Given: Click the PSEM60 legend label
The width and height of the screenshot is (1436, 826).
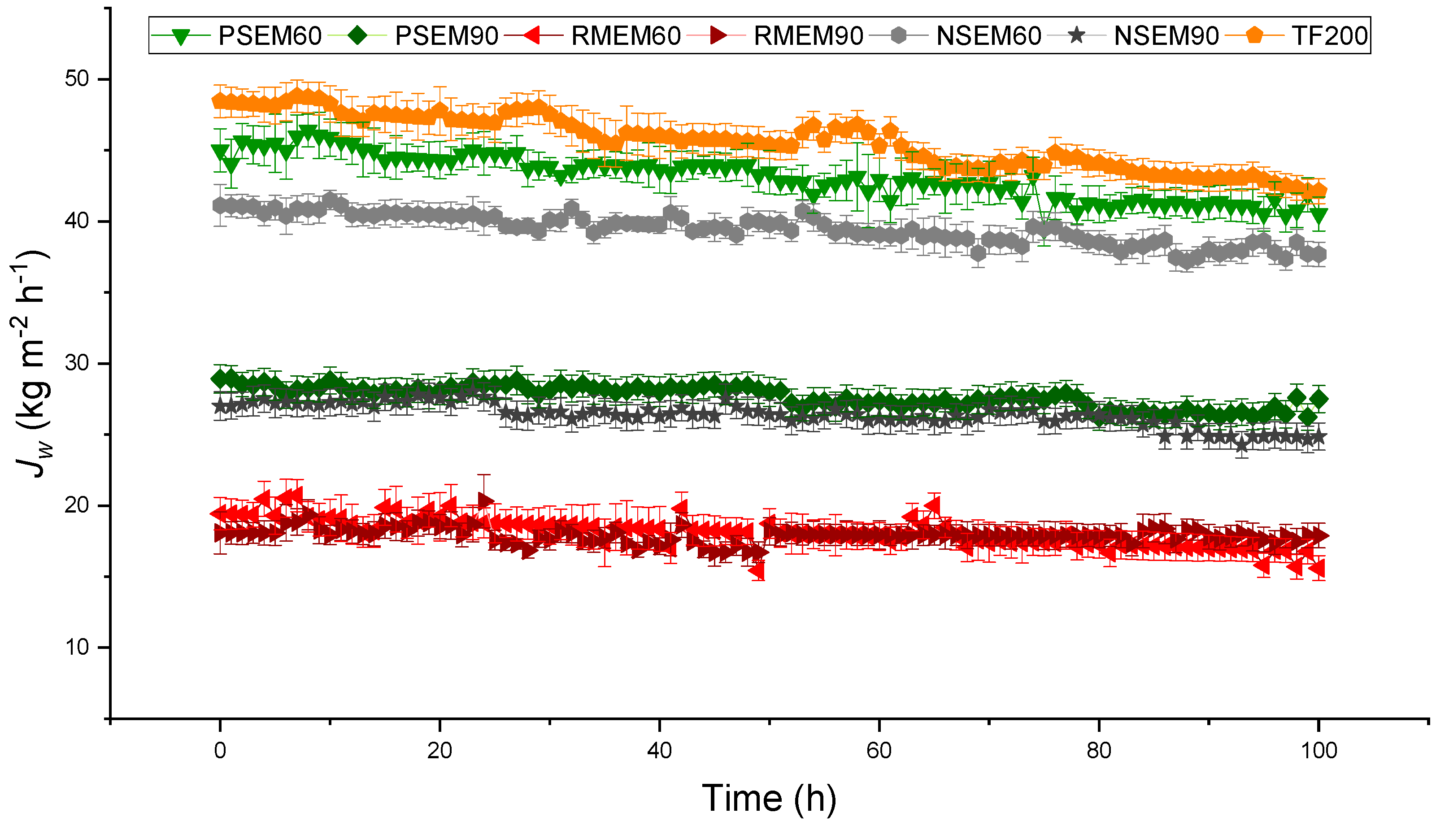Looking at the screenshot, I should pyautogui.click(x=270, y=36).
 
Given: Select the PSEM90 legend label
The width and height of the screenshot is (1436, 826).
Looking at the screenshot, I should pyautogui.click(x=447, y=36).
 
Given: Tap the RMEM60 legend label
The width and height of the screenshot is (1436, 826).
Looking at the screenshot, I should pyautogui.click(x=626, y=36).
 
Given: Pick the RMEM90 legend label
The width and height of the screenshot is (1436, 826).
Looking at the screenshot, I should pyautogui.click(x=808, y=36).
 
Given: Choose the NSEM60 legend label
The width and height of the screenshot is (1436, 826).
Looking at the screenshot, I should pyautogui.click(x=988, y=36).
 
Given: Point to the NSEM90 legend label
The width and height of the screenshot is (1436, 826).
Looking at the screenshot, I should pyautogui.click(x=1166, y=36).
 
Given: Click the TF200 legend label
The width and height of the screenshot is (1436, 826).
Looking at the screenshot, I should pyautogui.click(x=1329, y=36).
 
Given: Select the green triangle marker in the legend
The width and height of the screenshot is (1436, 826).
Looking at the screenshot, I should pyautogui.click(x=180, y=37).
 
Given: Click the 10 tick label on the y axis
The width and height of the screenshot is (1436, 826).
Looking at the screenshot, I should pyautogui.click(x=77, y=647).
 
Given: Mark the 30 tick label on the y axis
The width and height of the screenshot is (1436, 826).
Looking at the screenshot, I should pyautogui.click(x=77, y=363).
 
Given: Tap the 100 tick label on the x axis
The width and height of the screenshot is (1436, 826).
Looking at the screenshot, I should pyautogui.click(x=1319, y=751).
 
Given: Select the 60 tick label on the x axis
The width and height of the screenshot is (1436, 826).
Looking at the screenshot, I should pyautogui.click(x=879, y=751).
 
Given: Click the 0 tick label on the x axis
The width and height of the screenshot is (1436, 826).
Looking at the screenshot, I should pyautogui.click(x=220, y=751).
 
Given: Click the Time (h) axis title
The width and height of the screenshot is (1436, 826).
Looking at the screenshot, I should pyautogui.click(x=769, y=798).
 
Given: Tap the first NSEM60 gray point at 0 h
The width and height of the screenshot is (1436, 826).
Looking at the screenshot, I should pyautogui.click(x=220, y=206).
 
